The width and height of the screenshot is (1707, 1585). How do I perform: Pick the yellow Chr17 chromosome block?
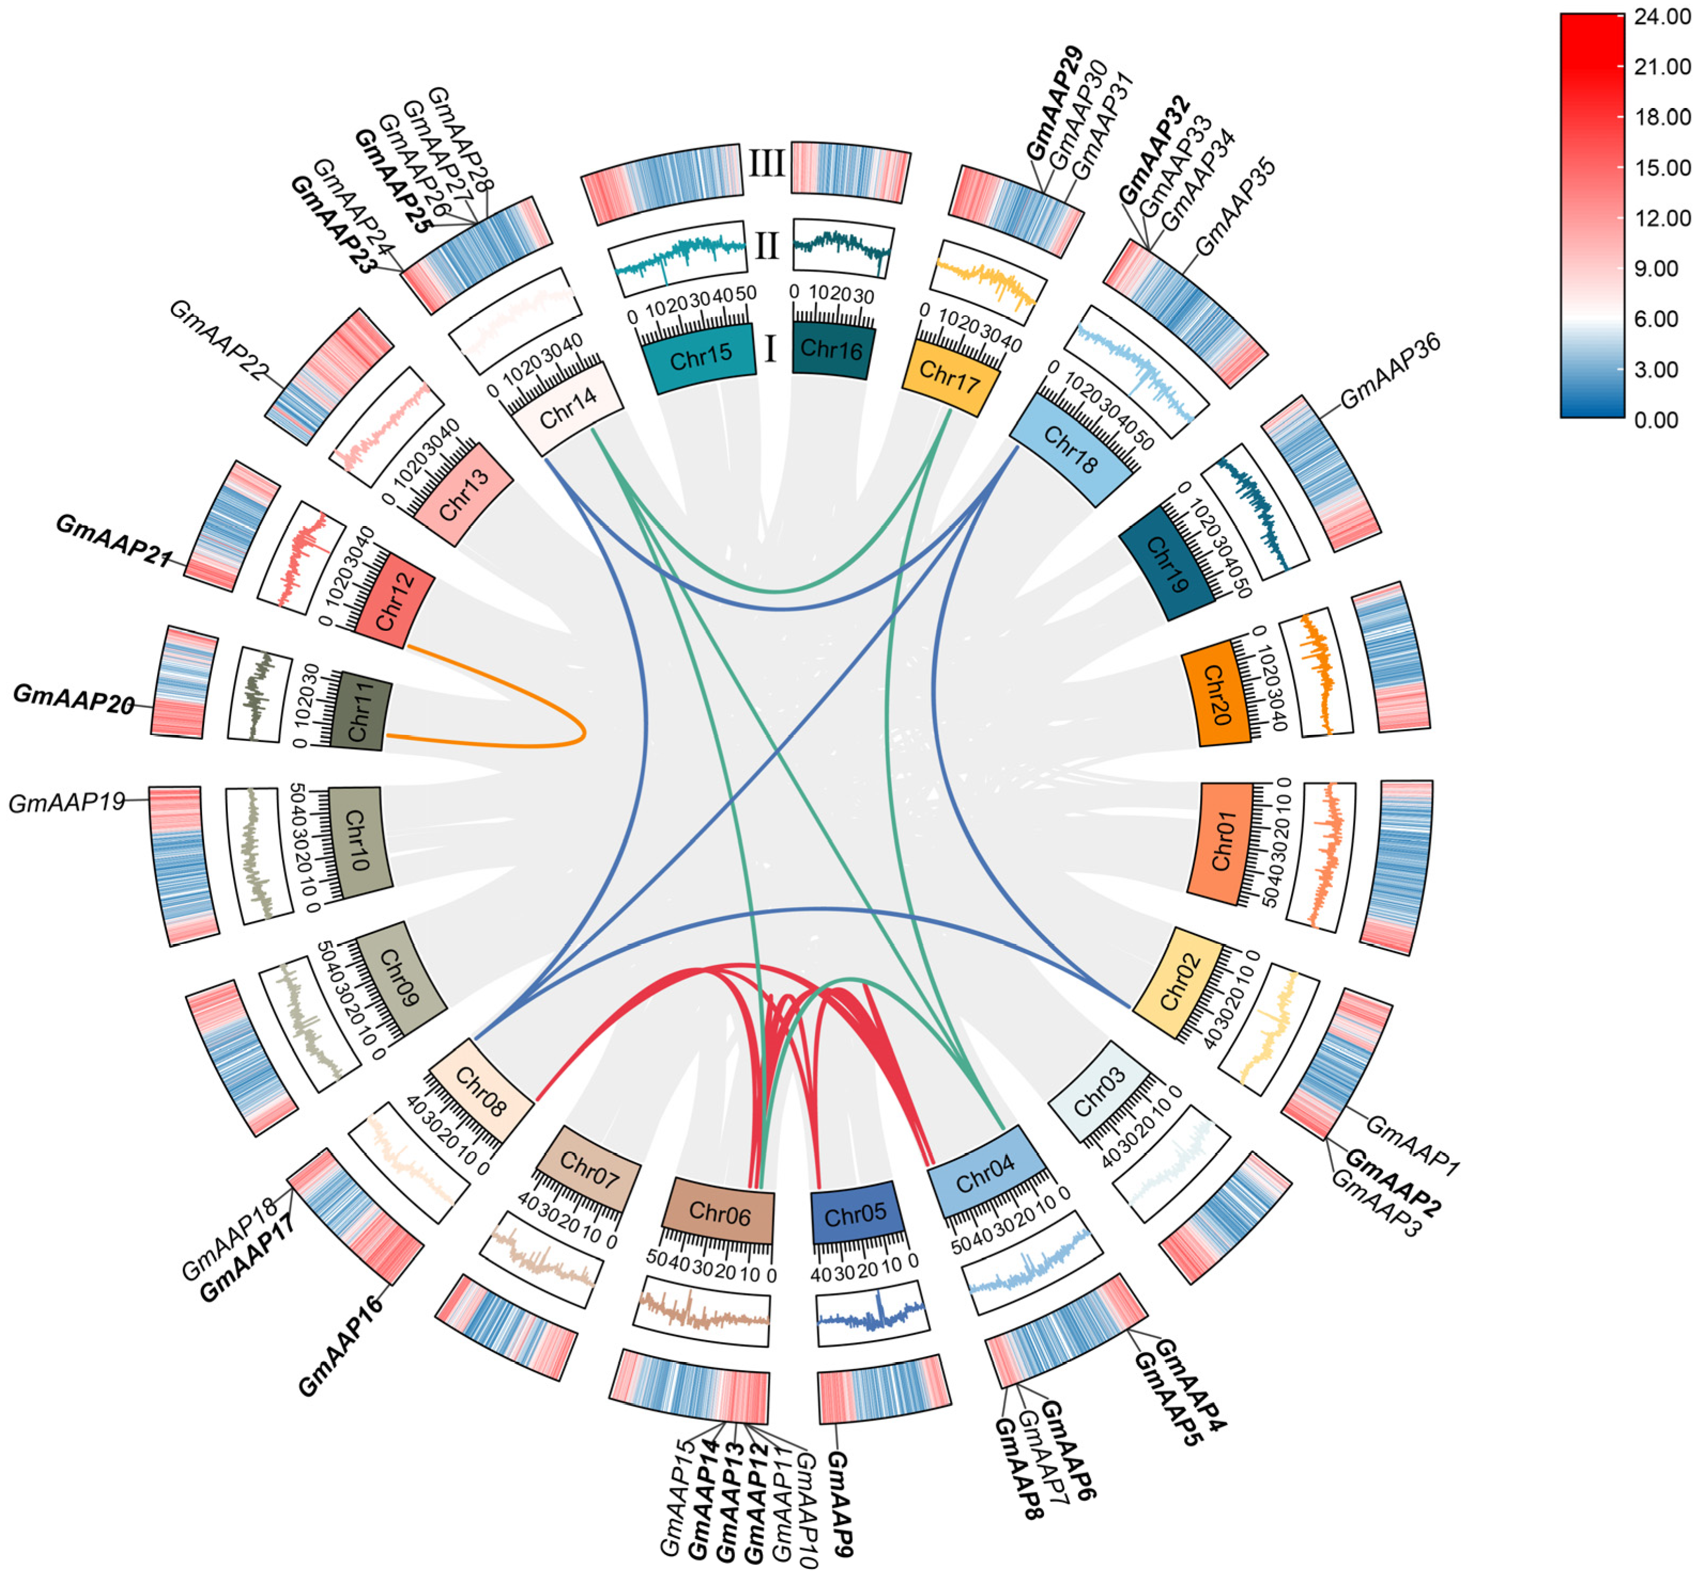[949, 375]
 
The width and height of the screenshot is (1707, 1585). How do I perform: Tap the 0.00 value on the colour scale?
[1656, 420]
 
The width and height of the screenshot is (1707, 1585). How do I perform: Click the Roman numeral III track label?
[766, 163]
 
